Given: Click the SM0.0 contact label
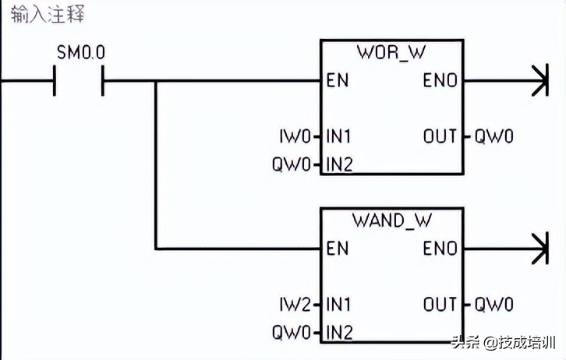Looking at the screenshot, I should click(x=80, y=53).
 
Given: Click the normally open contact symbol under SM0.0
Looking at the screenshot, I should click(x=79, y=80).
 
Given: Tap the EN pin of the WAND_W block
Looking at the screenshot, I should click(x=337, y=249).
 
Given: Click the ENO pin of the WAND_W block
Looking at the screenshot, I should click(x=440, y=249).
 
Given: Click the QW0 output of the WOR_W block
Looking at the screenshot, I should click(x=494, y=137).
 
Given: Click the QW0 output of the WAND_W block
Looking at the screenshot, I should click(x=494, y=305).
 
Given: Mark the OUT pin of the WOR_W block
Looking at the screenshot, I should click(x=440, y=137).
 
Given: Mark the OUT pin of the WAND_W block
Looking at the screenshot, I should click(x=440, y=305).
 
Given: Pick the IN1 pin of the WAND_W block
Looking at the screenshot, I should click(x=338, y=305).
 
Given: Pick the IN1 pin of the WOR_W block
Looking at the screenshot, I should click(x=338, y=137).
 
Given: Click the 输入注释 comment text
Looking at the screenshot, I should click(x=48, y=15).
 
